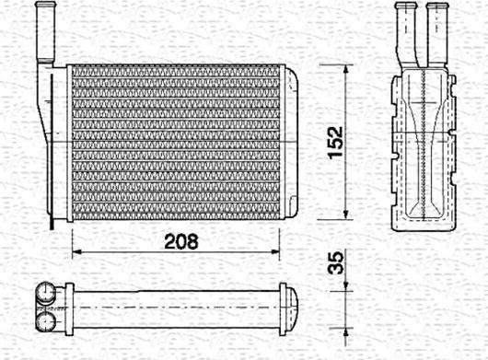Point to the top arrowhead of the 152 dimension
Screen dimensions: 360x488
point(346,69)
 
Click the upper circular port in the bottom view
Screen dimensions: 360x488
point(45,294)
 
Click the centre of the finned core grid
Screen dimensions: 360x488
point(180,143)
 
